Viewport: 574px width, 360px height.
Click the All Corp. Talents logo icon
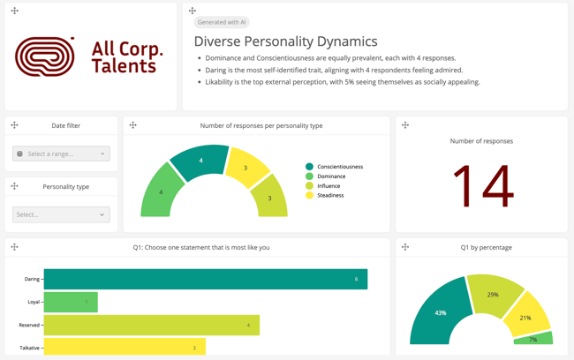(x=45, y=57)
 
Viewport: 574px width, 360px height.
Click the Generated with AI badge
(x=222, y=22)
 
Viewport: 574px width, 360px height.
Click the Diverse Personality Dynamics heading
(x=285, y=41)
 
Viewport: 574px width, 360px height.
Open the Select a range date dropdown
(x=61, y=154)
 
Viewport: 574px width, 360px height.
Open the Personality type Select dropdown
(x=61, y=214)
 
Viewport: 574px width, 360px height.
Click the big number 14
(x=481, y=186)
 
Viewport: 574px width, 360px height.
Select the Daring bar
(x=205, y=279)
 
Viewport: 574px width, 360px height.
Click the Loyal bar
(x=71, y=302)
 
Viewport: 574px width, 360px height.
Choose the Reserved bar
(x=151, y=325)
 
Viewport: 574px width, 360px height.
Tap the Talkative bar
(x=125, y=348)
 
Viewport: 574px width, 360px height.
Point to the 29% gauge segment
(x=492, y=295)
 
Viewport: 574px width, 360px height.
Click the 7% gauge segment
(x=532, y=339)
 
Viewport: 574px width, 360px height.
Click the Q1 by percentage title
(x=486, y=247)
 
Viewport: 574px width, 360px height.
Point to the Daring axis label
(x=32, y=279)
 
